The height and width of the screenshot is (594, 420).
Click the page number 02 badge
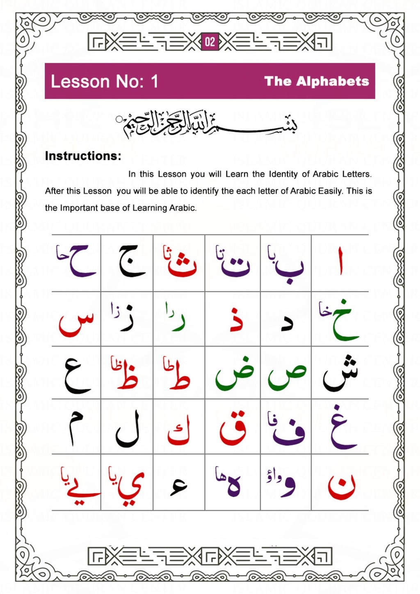[x=210, y=42]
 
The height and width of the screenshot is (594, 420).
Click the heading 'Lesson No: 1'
[x=104, y=81]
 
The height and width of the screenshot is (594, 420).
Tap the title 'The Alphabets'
[x=317, y=81]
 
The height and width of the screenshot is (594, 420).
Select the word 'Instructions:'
[x=83, y=156]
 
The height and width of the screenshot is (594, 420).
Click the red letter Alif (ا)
[x=340, y=261]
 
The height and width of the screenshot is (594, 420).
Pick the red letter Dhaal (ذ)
[x=236, y=319]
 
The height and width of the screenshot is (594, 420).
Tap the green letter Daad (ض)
[x=235, y=374]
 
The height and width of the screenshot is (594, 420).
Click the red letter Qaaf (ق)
[x=233, y=429]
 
